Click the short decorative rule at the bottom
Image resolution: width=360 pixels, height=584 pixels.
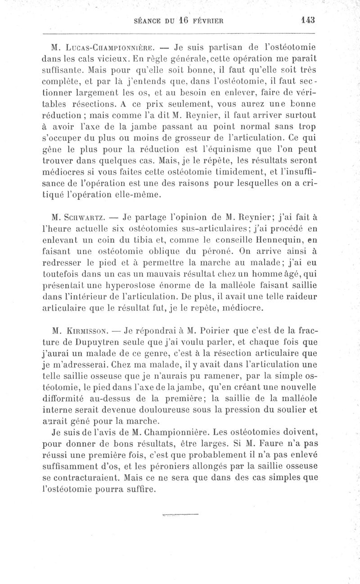(x=179, y=514)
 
